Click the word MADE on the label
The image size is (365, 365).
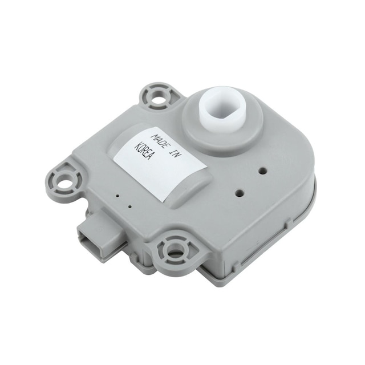point(161,141)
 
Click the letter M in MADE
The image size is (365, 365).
point(155,136)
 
